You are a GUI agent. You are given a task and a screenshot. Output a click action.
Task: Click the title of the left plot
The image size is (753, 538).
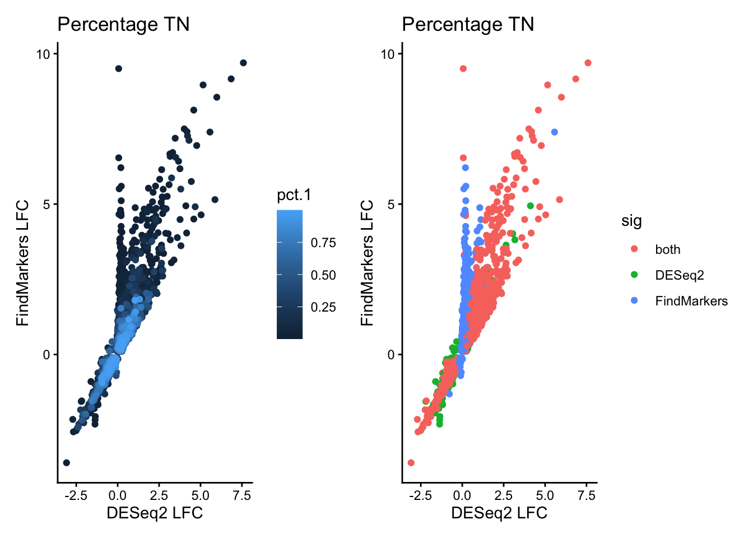pyautogui.click(x=123, y=25)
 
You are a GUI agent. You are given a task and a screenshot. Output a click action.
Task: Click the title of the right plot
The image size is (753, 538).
pyautogui.click(x=468, y=25)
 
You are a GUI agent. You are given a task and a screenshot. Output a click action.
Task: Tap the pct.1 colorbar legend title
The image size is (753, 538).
pyautogui.click(x=294, y=195)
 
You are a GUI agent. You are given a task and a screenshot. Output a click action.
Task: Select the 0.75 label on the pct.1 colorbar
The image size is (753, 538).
pyautogui.click(x=323, y=243)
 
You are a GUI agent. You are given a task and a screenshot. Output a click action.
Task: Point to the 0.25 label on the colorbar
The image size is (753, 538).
pyautogui.click(x=323, y=307)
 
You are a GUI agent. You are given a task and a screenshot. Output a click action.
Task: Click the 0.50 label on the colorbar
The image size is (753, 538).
pyautogui.click(x=323, y=275)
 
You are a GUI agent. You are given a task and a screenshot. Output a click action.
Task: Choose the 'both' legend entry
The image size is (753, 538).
pyautogui.click(x=667, y=249)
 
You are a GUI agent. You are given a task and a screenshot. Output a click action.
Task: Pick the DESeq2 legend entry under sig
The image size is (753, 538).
pyautogui.click(x=679, y=275)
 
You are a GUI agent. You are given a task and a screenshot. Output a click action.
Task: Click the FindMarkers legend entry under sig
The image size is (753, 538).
pyautogui.click(x=691, y=301)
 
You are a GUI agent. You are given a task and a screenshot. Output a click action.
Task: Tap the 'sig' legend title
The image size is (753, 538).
pyautogui.click(x=631, y=221)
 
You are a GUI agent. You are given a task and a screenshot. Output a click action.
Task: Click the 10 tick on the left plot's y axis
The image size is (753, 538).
pyautogui.click(x=43, y=54)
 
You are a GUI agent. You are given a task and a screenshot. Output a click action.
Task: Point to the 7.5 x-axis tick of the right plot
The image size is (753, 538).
pyautogui.click(x=586, y=495)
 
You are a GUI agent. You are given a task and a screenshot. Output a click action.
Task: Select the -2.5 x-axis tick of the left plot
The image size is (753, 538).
pyautogui.click(x=76, y=495)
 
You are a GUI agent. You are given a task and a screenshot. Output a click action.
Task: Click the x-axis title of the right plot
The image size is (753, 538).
pyautogui.click(x=499, y=513)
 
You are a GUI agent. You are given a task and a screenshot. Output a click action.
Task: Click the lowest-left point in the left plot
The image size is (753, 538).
pyautogui.click(x=66, y=462)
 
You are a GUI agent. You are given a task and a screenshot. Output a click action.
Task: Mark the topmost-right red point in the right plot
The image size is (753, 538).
pyautogui.click(x=588, y=63)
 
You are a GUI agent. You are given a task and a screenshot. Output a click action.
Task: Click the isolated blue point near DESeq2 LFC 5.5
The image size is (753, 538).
pyautogui.click(x=554, y=132)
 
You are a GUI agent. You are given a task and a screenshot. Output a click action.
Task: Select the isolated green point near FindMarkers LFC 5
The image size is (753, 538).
pyautogui.click(x=530, y=206)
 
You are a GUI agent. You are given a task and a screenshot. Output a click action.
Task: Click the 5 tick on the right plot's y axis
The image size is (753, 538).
pyautogui.click(x=391, y=204)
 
